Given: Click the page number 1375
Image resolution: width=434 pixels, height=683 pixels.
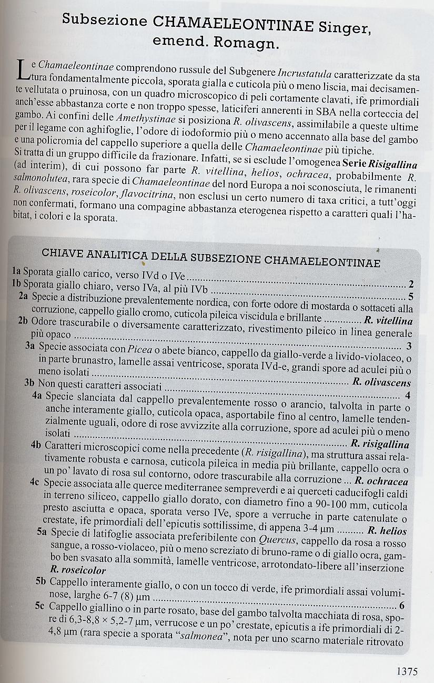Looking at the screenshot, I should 407,671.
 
